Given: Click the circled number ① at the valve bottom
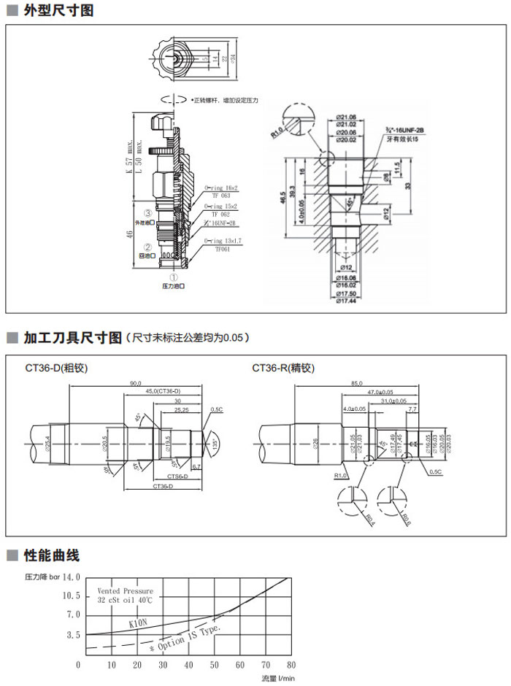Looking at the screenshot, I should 173,277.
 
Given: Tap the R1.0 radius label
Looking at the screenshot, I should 276,134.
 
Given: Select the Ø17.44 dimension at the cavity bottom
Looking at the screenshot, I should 347,301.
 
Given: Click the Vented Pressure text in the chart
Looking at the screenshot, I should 126,590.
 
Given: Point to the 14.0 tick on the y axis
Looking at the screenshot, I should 70,577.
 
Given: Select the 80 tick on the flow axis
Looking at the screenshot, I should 291,665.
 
